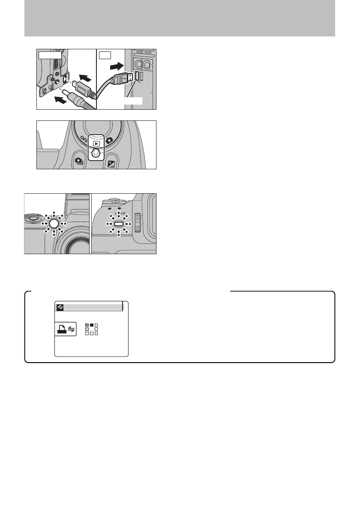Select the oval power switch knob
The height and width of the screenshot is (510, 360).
pyautogui.click(x=96, y=153)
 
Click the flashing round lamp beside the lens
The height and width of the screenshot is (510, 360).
pyautogui.click(x=54, y=223)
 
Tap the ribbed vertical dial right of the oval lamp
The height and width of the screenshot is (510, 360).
pyautogui.click(x=137, y=222)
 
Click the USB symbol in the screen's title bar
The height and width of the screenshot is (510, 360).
pyautogui.click(x=59, y=306)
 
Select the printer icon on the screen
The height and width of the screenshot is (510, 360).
pyautogui.click(x=60, y=329)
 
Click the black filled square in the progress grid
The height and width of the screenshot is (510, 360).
pyautogui.click(x=91, y=324)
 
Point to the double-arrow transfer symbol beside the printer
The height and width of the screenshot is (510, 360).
pyautogui.click(x=70, y=329)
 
